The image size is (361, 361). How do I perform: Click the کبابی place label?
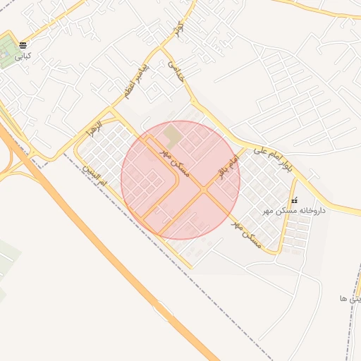point(23,54)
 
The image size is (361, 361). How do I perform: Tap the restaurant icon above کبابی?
point(23,44)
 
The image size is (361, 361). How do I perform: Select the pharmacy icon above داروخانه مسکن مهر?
point(294,200)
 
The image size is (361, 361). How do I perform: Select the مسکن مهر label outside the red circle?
point(247,235)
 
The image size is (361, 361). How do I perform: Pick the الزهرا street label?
point(94,129)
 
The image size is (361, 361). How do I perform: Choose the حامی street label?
point(175,71)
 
